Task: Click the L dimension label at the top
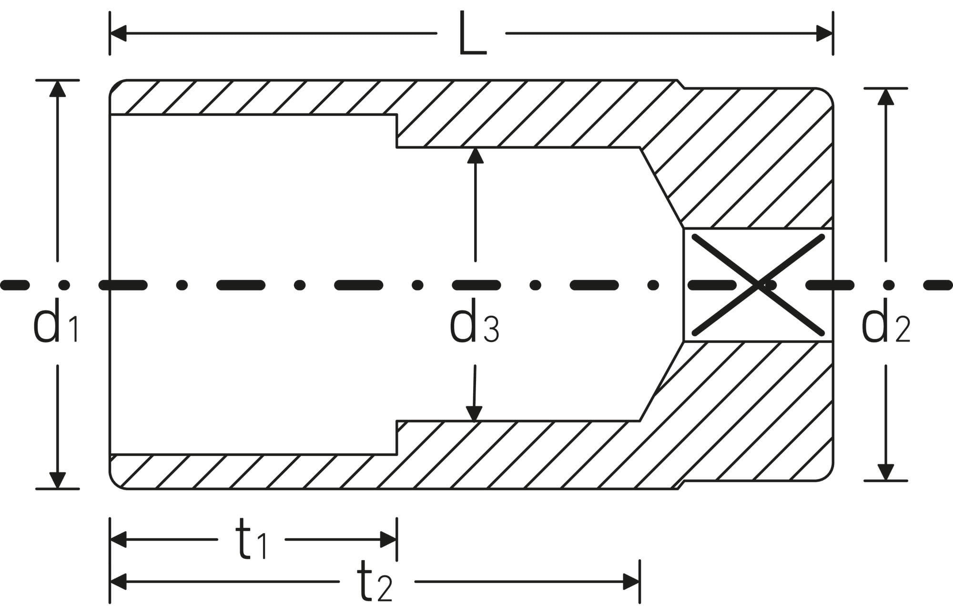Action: pyautogui.click(x=472, y=33)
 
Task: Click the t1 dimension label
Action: pyautogui.click(x=252, y=539)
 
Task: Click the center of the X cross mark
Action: pyautogui.click(x=758, y=285)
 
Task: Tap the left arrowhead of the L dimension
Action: pyautogui.click(x=118, y=33)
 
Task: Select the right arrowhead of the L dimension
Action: pyautogui.click(x=824, y=33)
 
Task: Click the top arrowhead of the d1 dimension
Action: pyautogui.click(x=58, y=89)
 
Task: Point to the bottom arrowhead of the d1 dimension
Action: pyautogui.click(x=57, y=480)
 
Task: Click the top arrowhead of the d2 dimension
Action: pyautogui.click(x=886, y=97)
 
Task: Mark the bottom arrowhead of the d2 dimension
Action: pyautogui.click(x=885, y=472)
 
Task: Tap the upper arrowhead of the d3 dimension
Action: pyautogui.click(x=475, y=156)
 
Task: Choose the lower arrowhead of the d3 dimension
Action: pyautogui.click(x=474, y=413)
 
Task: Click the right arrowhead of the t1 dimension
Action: pyautogui.click(x=388, y=540)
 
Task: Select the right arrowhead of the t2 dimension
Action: pyautogui.click(x=631, y=582)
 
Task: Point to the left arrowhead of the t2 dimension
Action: pyautogui.click(x=118, y=582)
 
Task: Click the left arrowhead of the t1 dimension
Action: pyautogui.click(x=118, y=540)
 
